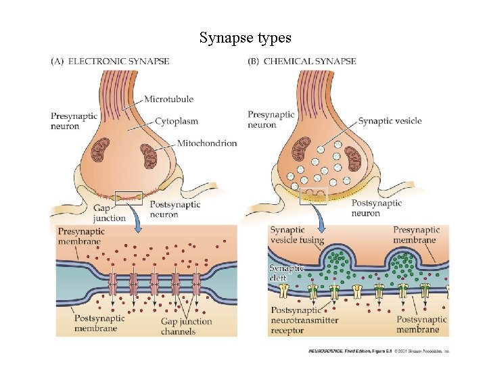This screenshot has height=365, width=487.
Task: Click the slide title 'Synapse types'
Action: [x=245, y=38]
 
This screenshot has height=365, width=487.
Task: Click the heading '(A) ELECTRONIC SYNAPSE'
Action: [x=110, y=62]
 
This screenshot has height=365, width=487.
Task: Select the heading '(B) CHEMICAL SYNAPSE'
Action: [x=303, y=62]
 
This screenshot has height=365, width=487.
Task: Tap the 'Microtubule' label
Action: [x=168, y=99]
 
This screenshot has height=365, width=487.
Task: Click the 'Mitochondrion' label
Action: [x=206, y=143]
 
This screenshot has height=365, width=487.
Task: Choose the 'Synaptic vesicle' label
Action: [x=390, y=121]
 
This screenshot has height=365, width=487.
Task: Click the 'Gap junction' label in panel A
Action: [x=110, y=214]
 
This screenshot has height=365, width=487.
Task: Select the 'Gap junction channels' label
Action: [x=186, y=326]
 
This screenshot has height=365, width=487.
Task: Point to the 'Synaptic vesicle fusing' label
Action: [x=297, y=235]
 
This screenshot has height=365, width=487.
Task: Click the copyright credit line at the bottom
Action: [x=379, y=351]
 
